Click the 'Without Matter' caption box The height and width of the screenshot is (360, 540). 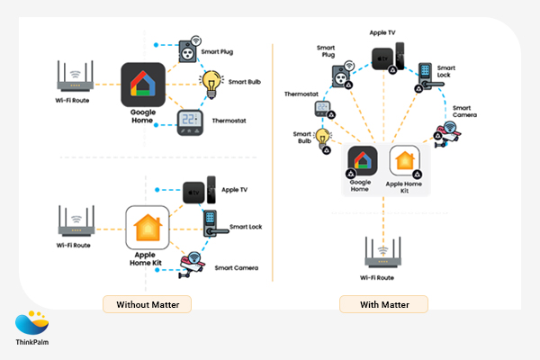[147, 304]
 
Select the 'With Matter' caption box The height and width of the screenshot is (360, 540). [383, 304]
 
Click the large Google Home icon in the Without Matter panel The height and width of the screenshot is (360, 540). [141, 85]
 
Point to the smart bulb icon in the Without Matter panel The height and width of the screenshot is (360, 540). [212, 83]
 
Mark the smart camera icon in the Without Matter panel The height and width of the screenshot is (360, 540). [190, 264]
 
